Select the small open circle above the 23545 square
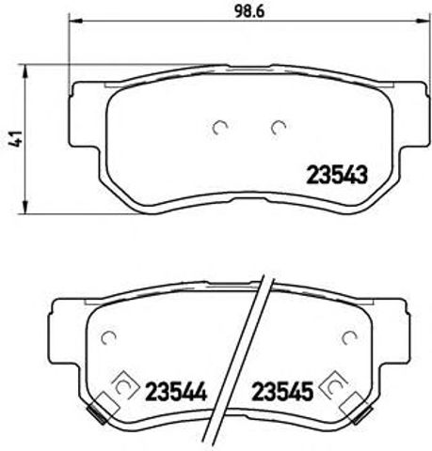pyautogui.click(x=350, y=339)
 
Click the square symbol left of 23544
pyautogui.click(x=122, y=386)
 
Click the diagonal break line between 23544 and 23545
pyautogui.click(x=237, y=357)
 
